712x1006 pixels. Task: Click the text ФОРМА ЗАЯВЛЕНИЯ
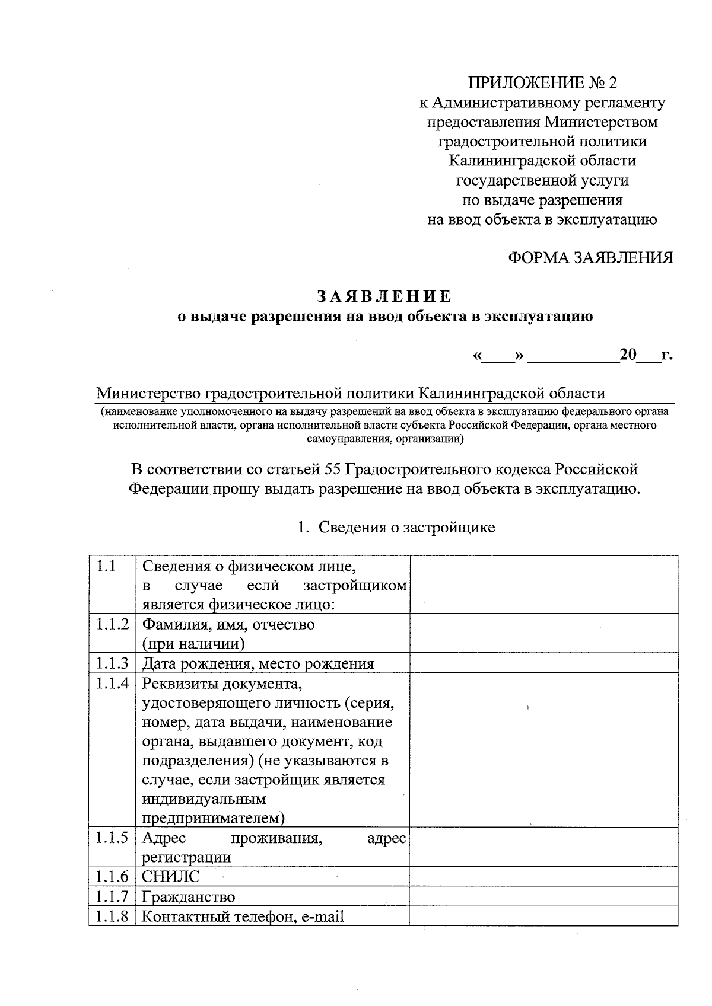pyautogui.click(x=590, y=257)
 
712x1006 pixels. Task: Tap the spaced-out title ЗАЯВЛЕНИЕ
pyautogui.click(x=384, y=296)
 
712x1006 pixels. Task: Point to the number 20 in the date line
pyautogui.click(x=628, y=355)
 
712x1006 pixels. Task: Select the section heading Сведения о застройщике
pyautogui.click(x=406, y=527)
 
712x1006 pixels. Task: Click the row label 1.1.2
pyautogui.click(x=112, y=624)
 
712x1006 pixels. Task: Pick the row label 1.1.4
pyautogui.click(x=112, y=684)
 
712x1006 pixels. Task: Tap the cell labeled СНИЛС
pyautogui.click(x=171, y=876)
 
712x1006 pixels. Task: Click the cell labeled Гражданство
pyautogui.click(x=189, y=896)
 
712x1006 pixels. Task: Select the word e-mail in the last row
pyautogui.click(x=322, y=916)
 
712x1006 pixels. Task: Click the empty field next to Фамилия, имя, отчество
pyautogui.click(x=543, y=633)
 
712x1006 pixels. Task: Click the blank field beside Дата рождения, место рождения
pyautogui.click(x=543, y=663)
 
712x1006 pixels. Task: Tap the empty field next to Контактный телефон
pyautogui.click(x=543, y=916)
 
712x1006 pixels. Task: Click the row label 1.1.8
pyautogui.click(x=112, y=916)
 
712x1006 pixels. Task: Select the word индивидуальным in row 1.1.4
pyautogui.click(x=204, y=799)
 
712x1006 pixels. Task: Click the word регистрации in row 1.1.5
pyautogui.click(x=186, y=857)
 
